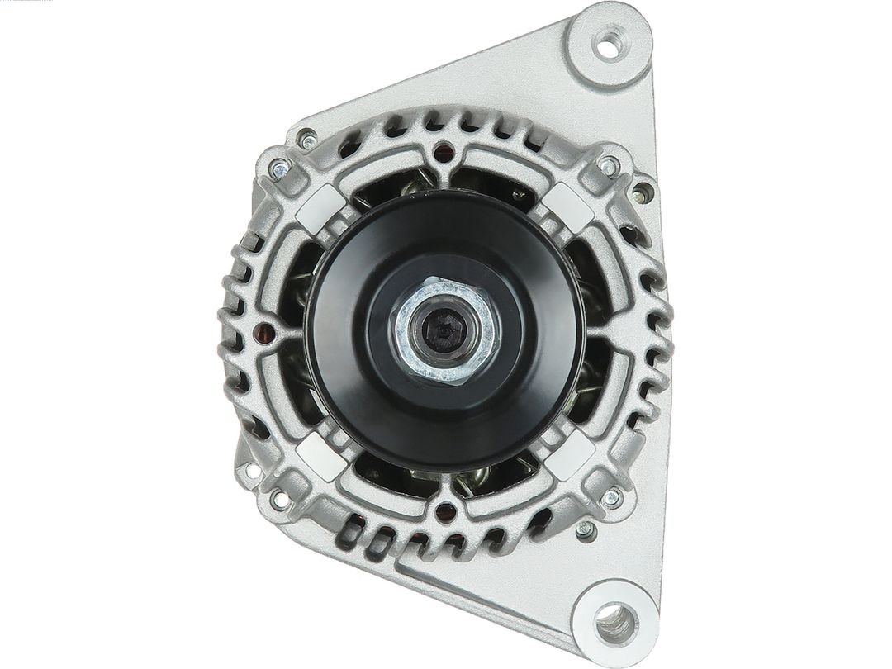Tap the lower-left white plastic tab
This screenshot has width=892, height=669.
click(320, 455)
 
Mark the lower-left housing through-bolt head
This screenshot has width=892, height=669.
click(279, 499)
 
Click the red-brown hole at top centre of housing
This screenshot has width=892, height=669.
click(445, 151)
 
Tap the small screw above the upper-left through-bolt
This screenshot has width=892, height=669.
click(308, 139)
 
